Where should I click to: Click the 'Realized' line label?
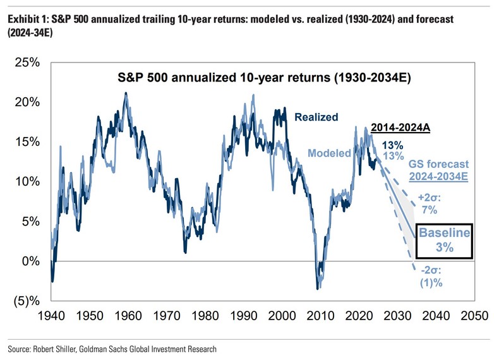pyautogui.click(x=316, y=117)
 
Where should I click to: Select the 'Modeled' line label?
pyautogui.click(x=329, y=153)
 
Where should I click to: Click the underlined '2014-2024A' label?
pyautogui.click(x=400, y=128)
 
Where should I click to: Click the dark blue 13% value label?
pyautogui.click(x=394, y=145)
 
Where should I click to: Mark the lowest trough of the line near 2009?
pyautogui.click(x=317, y=289)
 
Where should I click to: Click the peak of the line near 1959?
pyautogui.click(x=125, y=93)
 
